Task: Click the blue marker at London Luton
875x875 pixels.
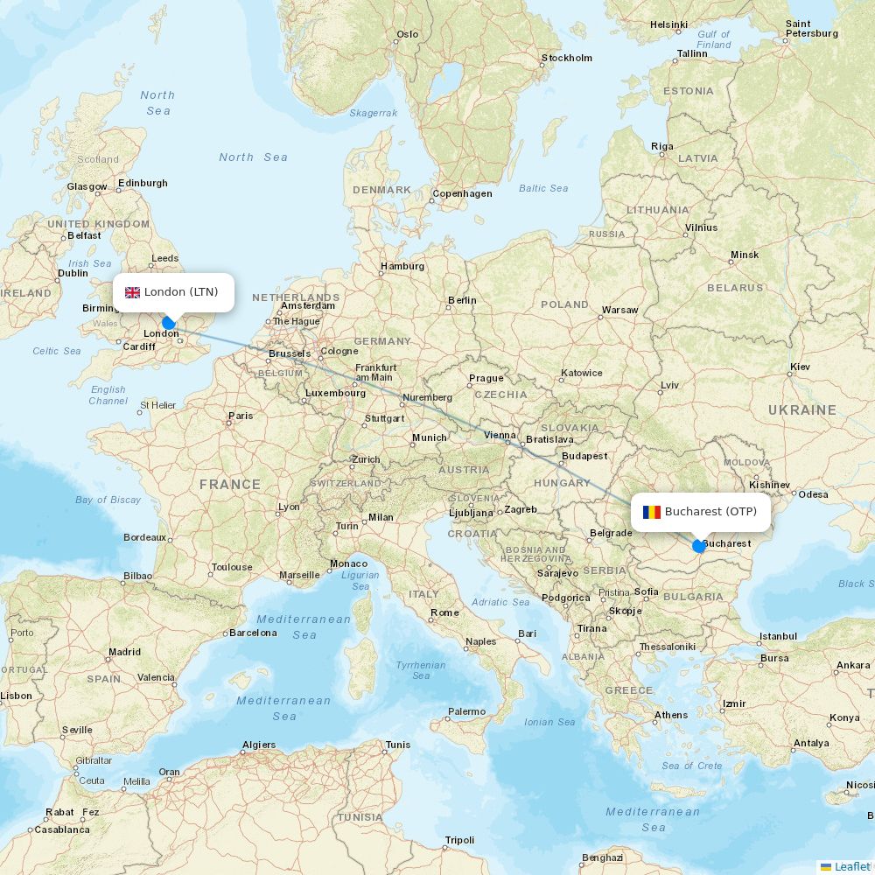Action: [x=169, y=323]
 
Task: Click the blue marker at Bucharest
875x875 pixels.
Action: [x=698, y=546]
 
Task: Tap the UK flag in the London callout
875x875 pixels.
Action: [x=133, y=292]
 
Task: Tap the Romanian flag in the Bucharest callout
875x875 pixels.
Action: [x=652, y=512]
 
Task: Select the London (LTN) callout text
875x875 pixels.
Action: [x=181, y=292]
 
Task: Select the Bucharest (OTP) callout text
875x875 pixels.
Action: [x=710, y=512]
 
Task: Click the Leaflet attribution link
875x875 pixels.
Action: [x=851, y=866]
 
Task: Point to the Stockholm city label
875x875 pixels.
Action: [x=567, y=59]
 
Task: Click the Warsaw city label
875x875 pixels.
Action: [x=619, y=310]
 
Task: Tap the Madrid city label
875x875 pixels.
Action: [x=124, y=652]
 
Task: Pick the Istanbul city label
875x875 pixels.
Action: [x=778, y=636]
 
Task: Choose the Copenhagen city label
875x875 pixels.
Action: [x=462, y=194]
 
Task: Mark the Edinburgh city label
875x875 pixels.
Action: [x=143, y=184]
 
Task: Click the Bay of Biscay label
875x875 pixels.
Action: [x=108, y=500]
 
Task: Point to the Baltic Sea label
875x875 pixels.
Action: [x=543, y=188]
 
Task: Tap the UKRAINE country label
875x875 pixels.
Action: [x=801, y=409]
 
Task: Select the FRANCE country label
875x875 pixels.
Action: [x=230, y=484]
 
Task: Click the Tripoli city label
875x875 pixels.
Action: [x=459, y=840]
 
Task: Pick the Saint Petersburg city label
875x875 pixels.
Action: [x=811, y=29]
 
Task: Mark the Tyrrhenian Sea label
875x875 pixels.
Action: [x=421, y=670]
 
